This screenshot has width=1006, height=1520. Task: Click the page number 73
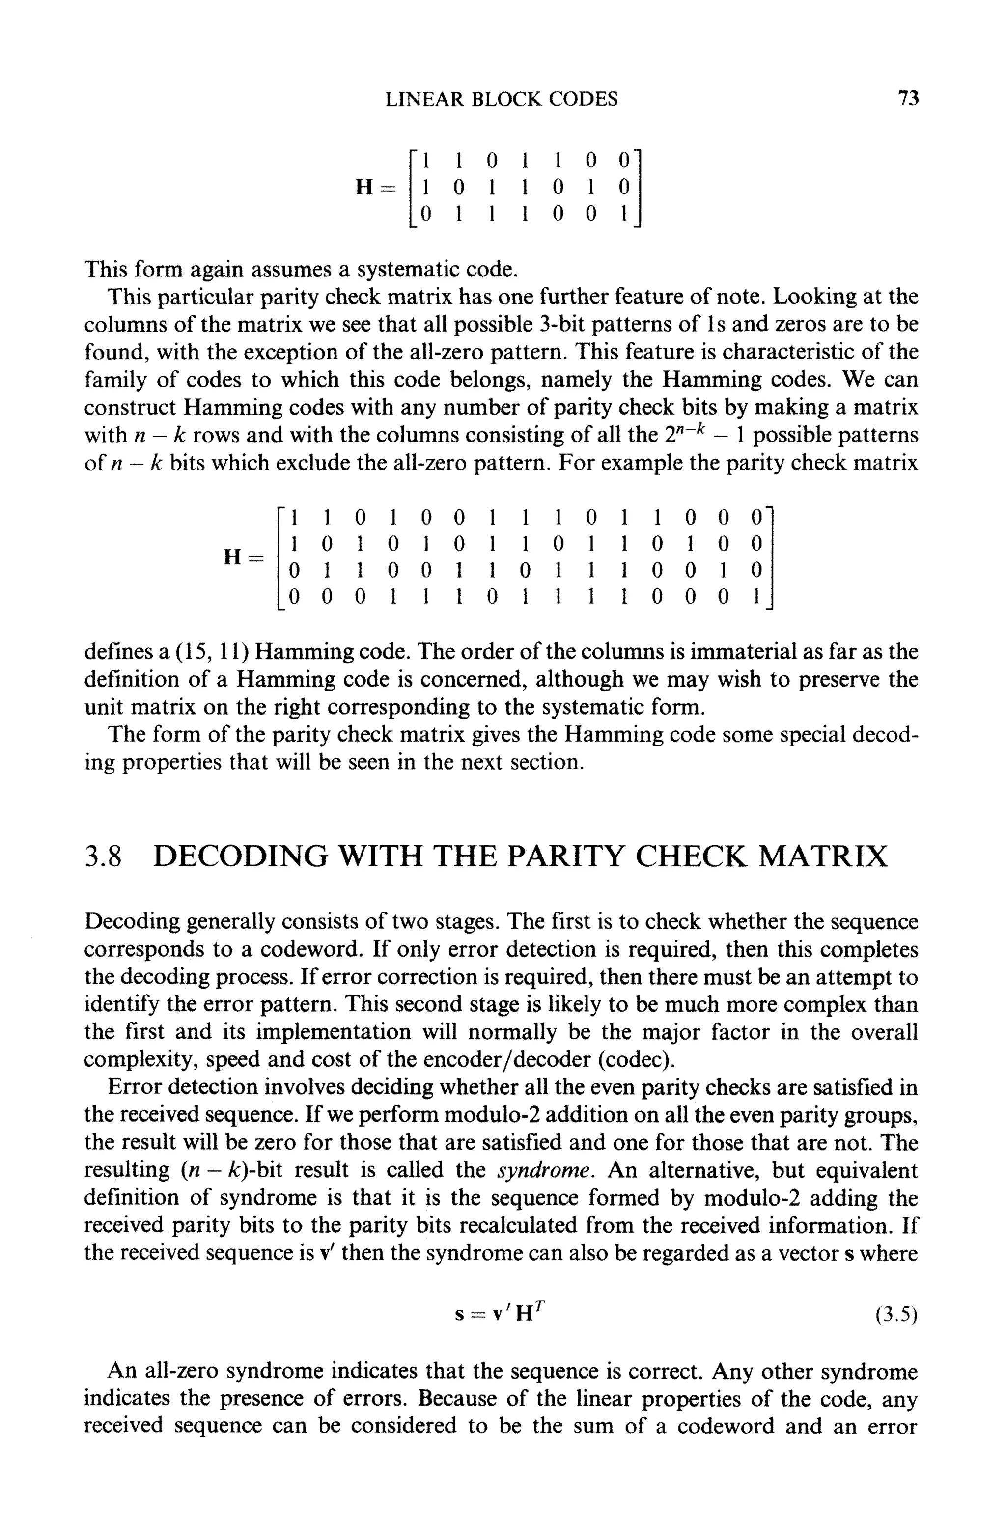coord(908,99)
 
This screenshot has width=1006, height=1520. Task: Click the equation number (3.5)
coord(897,1316)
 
